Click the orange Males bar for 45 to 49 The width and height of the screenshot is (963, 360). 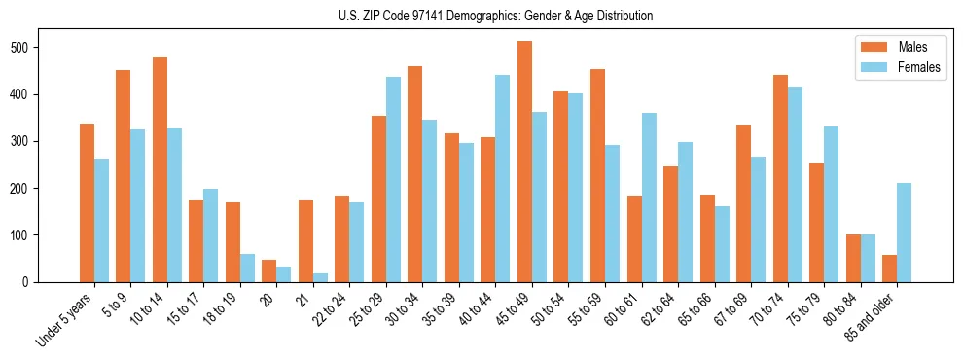coord(524,162)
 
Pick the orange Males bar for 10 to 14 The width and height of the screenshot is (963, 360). coord(160,169)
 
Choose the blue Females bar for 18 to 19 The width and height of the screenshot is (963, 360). coord(247,268)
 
